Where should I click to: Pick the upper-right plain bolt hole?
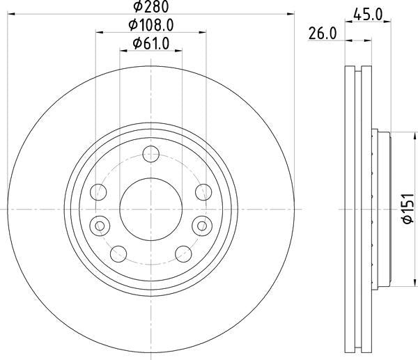click(202, 191)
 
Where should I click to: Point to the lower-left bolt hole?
click(119, 252)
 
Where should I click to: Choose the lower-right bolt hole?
click(183, 252)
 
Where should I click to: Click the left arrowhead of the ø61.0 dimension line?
click(123, 50)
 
